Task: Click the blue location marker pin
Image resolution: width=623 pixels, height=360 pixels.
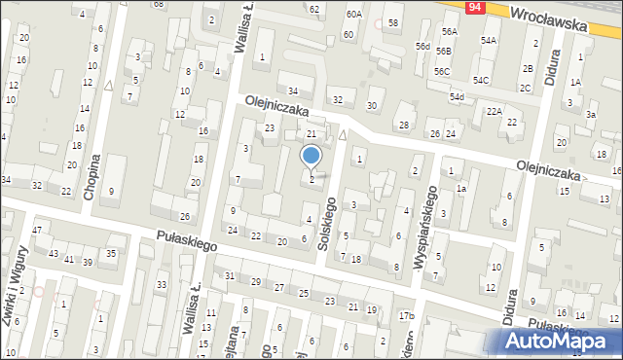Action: tap(311, 156)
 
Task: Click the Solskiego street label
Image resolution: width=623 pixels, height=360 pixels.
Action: tap(328, 225)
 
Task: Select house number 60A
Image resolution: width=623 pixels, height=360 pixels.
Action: tap(353, 15)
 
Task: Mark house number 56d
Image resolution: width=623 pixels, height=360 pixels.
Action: tap(422, 46)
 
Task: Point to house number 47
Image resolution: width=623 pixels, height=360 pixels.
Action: tap(37, 230)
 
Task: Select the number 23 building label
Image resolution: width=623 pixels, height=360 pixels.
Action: tap(270, 128)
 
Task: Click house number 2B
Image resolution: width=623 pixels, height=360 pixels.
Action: tap(527, 68)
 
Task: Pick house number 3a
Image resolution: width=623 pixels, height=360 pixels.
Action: tap(590, 115)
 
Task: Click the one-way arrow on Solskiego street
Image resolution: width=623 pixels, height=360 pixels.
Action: tap(343, 134)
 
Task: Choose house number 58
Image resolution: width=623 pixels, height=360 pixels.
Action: tap(393, 21)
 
